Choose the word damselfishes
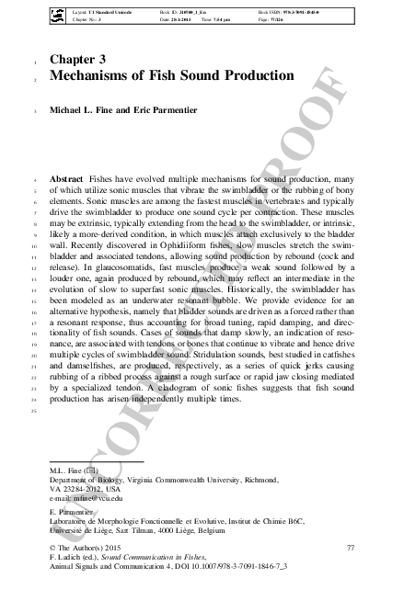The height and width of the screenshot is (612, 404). (x=84, y=377)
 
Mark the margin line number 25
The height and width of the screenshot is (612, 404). (x=31, y=409)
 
